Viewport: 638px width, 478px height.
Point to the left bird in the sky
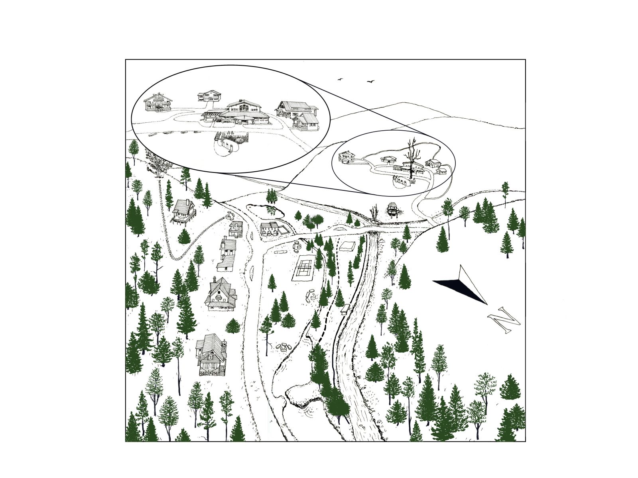point(341,79)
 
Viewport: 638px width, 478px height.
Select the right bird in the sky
point(370,81)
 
